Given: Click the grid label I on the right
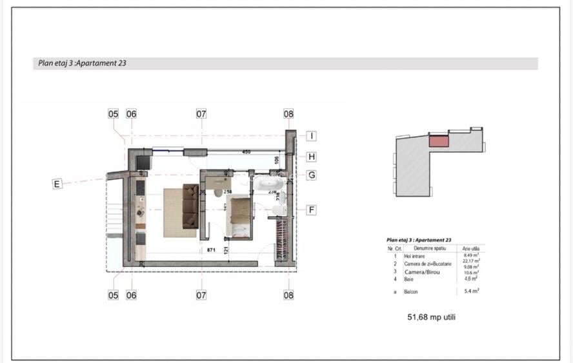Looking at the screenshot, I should tap(311, 136).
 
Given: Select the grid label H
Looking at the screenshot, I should tap(311, 156).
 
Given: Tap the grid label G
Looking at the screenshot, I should tap(311, 175).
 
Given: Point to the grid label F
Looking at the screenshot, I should tap(311, 210).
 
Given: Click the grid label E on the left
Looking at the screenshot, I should tap(57, 184).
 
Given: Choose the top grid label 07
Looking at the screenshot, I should tap(201, 114).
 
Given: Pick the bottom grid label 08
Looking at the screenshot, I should tap(288, 295).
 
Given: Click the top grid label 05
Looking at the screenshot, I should tap(114, 114).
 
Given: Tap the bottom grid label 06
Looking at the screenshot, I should tap(132, 295).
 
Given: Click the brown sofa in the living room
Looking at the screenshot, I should tap(190, 206).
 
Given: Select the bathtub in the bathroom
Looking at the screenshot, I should tap(265, 186).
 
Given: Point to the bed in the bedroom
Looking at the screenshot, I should tap(240, 218).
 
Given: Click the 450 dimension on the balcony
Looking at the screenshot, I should tap(246, 153).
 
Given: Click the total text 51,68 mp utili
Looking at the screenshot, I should tap(430, 317).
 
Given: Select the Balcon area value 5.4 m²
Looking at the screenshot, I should tap(472, 291).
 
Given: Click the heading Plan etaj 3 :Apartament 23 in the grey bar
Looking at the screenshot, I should tap(81, 64).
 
